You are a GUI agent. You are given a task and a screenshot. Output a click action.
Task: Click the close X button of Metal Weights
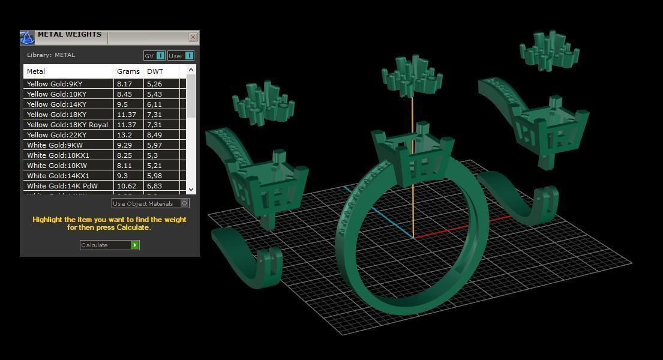click(193, 37)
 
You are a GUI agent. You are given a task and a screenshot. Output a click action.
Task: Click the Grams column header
click(128, 71)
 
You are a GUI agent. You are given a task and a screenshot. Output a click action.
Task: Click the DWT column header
click(155, 71)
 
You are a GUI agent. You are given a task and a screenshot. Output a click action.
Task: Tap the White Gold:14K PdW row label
click(62, 186)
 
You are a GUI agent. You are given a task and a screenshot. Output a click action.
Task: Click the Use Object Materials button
click(151, 203)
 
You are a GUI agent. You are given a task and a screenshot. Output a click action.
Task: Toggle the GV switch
click(155, 56)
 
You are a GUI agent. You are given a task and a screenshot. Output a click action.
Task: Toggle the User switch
click(181, 56)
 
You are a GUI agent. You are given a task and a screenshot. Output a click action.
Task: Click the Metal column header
click(36, 71)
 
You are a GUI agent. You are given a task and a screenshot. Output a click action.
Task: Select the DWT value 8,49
click(154, 135)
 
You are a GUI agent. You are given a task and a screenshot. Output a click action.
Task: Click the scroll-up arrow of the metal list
click(191, 70)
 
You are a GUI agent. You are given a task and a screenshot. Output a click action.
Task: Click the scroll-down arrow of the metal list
click(191, 189)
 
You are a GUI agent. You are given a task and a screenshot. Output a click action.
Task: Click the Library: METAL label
click(51, 55)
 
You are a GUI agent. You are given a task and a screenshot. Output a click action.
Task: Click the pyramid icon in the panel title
click(27, 38)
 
